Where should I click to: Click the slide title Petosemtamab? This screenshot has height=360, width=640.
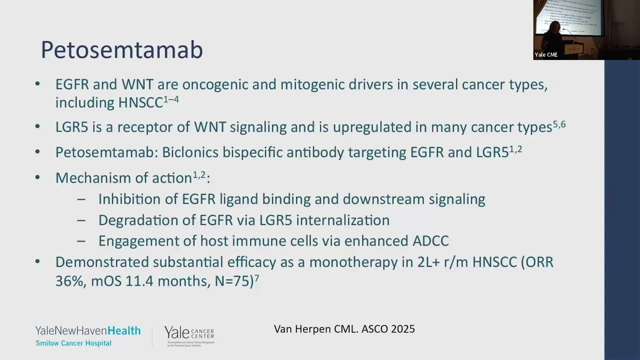121,50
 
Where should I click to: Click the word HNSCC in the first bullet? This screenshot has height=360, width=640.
140,103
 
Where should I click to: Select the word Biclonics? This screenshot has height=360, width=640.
190,152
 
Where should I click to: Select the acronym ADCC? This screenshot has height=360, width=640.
430,241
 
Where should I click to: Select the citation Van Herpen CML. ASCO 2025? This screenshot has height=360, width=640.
344,329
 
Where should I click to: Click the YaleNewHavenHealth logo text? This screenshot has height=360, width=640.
87,331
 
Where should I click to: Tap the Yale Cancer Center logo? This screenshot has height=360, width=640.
189,335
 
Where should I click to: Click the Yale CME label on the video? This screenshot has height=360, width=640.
546,55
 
